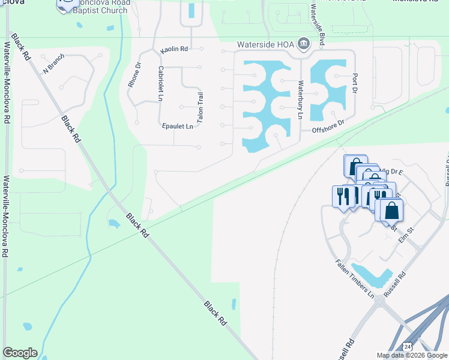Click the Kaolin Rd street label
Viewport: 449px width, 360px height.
point(175,49)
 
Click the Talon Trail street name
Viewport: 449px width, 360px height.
point(200,107)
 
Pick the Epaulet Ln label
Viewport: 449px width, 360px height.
point(178,126)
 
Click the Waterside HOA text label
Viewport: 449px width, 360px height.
point(265,44)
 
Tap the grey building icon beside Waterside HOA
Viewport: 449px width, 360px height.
point(304,44)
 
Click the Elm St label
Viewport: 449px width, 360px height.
point(407,232)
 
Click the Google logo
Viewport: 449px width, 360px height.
point(20,353)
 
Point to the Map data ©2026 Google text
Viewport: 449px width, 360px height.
point(412,355)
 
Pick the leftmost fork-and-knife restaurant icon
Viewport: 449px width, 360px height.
point(340,196)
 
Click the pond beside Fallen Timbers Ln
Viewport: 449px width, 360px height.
point(372,274)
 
